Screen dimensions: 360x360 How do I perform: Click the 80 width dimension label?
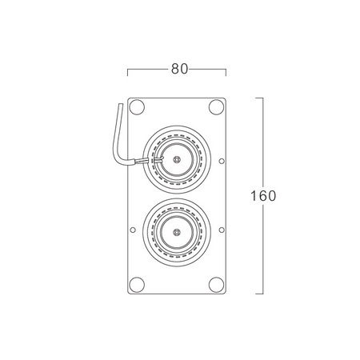[179, 69]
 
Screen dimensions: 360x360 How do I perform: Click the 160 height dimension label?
[263, 196]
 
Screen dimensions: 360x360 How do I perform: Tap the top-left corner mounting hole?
[137, 107]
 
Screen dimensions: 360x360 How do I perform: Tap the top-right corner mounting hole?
[216, 107]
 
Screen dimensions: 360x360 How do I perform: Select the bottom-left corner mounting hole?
[137, 285]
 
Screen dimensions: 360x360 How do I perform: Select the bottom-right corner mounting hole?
[216, 285]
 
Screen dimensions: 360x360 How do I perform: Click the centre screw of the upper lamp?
[177, 159]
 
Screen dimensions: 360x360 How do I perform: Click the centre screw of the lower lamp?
[176, 232]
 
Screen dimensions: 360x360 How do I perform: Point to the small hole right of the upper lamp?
[222, 161]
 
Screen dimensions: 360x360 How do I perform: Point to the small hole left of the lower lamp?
[133, 230]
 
